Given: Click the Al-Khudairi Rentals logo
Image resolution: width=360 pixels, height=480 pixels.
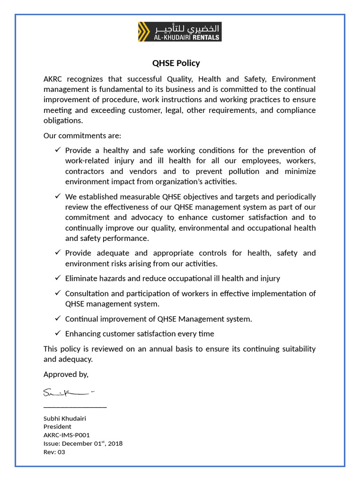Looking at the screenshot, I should (180, 31).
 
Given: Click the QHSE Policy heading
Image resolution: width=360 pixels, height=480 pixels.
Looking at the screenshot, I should (176, 63).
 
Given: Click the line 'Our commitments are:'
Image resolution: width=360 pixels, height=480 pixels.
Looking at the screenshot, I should (82, 135).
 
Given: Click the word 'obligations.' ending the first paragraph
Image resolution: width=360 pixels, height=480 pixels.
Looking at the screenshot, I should (63, 120).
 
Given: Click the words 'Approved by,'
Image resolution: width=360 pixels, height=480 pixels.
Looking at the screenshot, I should (66, 374).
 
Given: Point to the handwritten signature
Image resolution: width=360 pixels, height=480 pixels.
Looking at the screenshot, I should (68, 392).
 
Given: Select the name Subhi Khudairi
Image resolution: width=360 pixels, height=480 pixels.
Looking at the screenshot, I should (65, 418).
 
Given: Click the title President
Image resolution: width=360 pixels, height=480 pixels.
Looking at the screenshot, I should (57, 427).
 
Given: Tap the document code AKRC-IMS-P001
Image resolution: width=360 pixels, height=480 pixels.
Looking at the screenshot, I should (67, 435).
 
